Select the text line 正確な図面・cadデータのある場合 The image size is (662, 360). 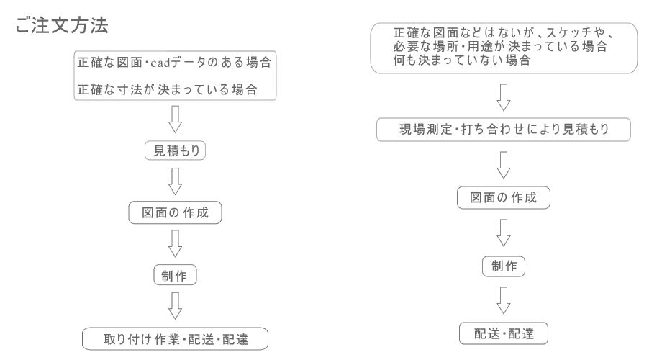pyautogui.click(x=174, y=63)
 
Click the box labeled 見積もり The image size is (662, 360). pyautogui.click(x=174, y=153)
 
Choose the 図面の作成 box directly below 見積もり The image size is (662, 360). pyautogui.click(x=174, y=215)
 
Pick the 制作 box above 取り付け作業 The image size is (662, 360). pyautogui.click(x=175, y=276)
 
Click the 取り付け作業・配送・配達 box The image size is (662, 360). pyautogui.click(x=175, y=338)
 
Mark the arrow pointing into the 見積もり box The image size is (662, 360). pyautogui.click(x=174, y=121)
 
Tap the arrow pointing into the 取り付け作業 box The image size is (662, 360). pyautogui.click(x=174, y=307)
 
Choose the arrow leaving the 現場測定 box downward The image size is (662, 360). pyautogui.click(x=504, y=164)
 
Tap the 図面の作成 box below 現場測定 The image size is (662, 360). pyautogui.click(x=504, y=198)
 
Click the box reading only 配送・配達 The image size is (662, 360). pyautogui.click(x=504, y=333)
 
